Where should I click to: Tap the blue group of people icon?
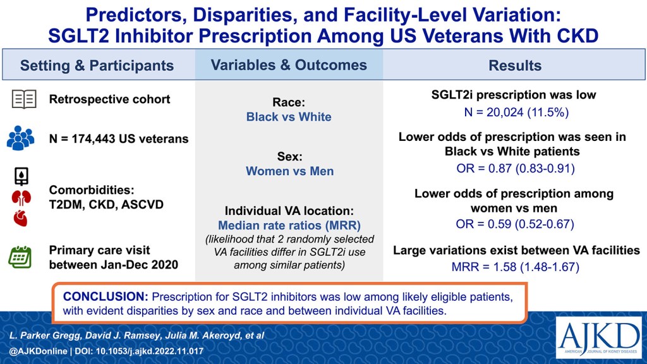click(21, 137)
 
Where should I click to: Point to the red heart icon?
click(21, 219)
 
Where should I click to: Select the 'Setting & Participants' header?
click(97, 66)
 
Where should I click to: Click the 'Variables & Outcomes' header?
click(289, 65)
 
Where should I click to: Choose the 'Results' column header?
click(515, 66)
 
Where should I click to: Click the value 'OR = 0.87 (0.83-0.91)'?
click(515, 169)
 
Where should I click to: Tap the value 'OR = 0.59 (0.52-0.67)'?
click(515, 224)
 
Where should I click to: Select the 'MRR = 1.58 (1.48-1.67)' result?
click(515, 267)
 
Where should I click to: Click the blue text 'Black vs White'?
click(289, 117)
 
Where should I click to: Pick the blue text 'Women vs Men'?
click(289, 171)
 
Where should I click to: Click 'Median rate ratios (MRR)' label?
click(289, 225)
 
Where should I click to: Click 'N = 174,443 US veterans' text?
click(119, 138)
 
